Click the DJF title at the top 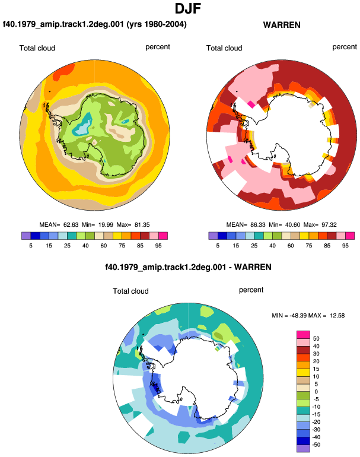pyautogui.click(x=188, y=8)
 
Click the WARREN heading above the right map pyautogui.click(x=282, y=25)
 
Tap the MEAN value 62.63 pyautogui.click(x=71, y=225)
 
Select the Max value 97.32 pyautogui.click(x=329, y=225)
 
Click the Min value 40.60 pyautogui.click(x=291, y=225)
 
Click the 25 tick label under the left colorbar pyautogui.click(x=67, y=246)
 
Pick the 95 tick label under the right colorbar pyautogui.click(x=345, y=246)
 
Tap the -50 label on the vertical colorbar pyautogui.click(x=316, y=445)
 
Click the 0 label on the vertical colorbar pyautogui.click(x=316, y=392)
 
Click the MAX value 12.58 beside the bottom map pyautogui.click(x=337, y=316)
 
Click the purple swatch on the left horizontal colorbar pyautogui.click(x=26, y=236)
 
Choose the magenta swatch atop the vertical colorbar pyautogui.click(x=303, y=335)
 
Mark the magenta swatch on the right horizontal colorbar pyautogui.click(x=350, y=236)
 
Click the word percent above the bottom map pyautogui.click(x=251, y=290)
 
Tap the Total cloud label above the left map pyautogui.click(x=37, y=48)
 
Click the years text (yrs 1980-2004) pyautogui.click(x=157, y=24)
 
